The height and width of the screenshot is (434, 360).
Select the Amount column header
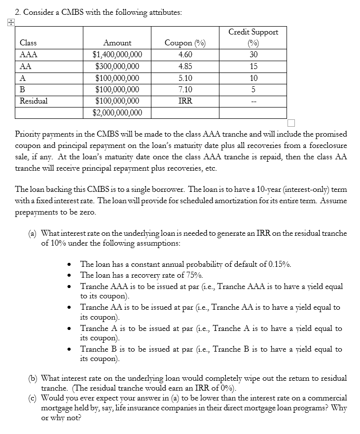(117, 43)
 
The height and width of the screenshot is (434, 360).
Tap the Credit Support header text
(253, 32)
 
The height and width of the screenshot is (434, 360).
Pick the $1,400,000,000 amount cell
(117, 55)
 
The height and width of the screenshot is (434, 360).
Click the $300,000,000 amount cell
(117, 66)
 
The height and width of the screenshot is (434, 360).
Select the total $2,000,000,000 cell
(117, 113)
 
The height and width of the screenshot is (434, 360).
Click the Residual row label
(34, 101)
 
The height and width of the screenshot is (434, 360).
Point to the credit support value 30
(253, 55)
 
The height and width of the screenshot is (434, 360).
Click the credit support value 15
(253, 66)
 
